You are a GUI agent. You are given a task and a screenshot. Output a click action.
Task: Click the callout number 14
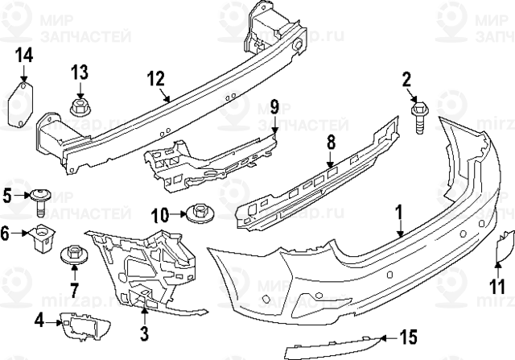[23, 56]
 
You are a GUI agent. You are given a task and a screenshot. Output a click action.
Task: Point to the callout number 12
[156, 79]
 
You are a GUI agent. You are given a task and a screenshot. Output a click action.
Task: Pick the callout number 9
[273, 106]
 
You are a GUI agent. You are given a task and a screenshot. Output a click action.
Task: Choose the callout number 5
[7, 195]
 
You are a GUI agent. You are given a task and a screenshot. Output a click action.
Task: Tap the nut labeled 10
[197, 213]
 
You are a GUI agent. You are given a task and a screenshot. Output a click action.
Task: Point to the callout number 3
[144, 331]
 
